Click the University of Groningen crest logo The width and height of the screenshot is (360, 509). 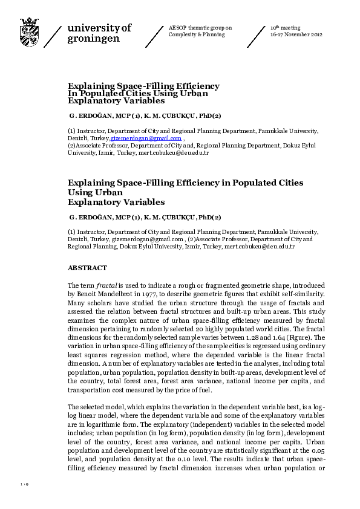pos(29,31)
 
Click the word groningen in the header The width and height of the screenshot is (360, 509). pos(94,38)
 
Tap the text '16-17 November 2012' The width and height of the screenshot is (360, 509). pos(296,34)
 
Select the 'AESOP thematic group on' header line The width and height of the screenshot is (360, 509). pos(200,28)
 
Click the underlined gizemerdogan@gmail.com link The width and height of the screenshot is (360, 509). pos(147,138)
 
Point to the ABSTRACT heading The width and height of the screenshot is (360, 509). pos(87,268)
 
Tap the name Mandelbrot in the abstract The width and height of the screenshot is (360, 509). pos(116,293)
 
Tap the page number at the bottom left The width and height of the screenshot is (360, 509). pos(24,485)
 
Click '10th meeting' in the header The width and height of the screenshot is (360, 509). pos(284,28)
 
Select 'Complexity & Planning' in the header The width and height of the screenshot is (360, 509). pos(196,34)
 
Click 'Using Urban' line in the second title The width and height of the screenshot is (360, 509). pos(96,192)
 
